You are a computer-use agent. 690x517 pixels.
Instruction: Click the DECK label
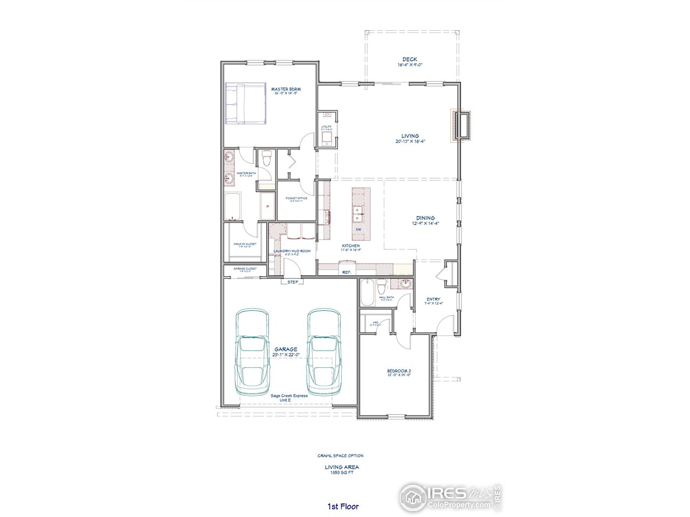tap(410, 60)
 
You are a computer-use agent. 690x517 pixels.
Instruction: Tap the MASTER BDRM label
tap(286, 89)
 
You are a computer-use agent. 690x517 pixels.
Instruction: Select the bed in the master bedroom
tap(245, 104)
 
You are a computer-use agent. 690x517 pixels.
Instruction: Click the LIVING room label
tap(410, 136)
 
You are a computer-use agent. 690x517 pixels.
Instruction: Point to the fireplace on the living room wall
tap(462, 125)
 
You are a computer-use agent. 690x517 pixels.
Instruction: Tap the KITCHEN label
tap(350, 246)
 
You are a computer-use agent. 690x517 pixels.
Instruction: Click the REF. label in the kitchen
tap(347, 273)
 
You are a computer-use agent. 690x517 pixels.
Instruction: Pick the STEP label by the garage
tap(293, 282)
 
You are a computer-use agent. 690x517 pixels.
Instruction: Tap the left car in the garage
tap(252, 353)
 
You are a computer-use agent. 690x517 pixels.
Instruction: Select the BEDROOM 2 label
tap(399, 371)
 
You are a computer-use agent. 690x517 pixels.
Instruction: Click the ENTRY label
tap(433, 299)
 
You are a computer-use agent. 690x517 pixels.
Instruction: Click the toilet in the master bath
tap(265, 160)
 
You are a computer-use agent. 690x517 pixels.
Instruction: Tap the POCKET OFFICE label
tap(296, 198)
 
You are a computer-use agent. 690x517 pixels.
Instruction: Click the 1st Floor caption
tap(343, 506)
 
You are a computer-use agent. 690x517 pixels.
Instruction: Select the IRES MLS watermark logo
tap(450, 495)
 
